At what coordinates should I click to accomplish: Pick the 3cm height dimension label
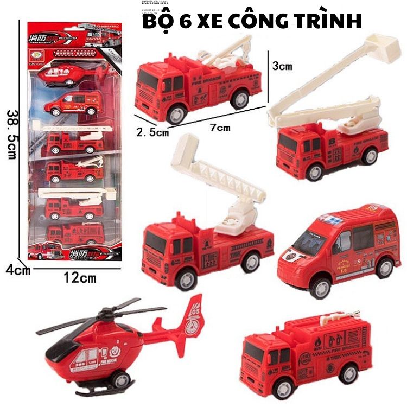tap(282, 66)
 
